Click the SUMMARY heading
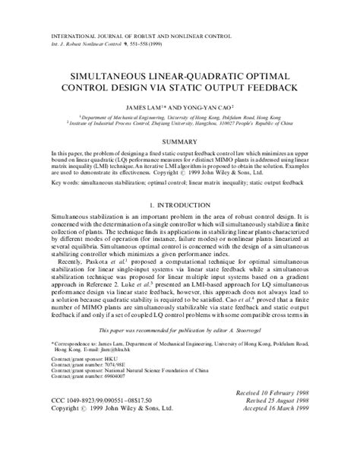180,141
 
